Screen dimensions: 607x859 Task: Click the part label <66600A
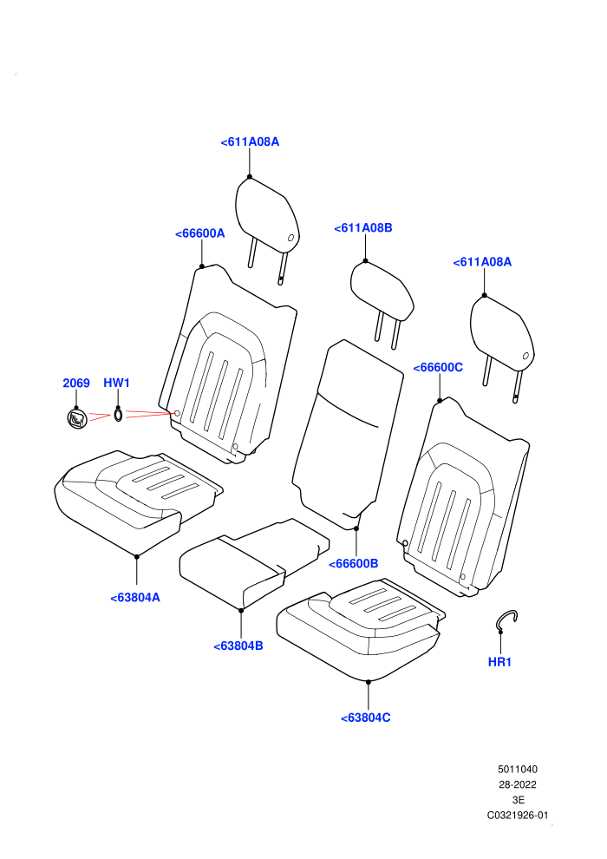pos(199,233)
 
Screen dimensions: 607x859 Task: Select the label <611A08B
pos(362,228)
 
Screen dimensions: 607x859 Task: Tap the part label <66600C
pos(438,368)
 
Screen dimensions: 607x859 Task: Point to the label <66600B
pos(353,564)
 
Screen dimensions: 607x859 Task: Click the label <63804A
pos(135,598)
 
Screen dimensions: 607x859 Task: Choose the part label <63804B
pos(238,646)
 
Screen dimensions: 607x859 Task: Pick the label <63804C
pos(366,718)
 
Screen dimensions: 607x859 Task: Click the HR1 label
pos(499,662)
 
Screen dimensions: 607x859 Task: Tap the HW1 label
pos(116,383)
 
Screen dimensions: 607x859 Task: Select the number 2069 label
pos(76,383)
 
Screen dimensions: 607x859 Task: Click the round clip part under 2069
pos(76,419)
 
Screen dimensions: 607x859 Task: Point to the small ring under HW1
pos(118,416)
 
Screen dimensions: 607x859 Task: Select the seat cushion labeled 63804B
pos(255,563)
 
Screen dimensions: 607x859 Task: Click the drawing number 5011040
pos(517,769)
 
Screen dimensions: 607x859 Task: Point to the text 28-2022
pos(517,784)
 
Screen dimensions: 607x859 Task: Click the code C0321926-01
pos(517,815)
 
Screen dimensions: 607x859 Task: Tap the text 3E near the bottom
pos(518,800)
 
